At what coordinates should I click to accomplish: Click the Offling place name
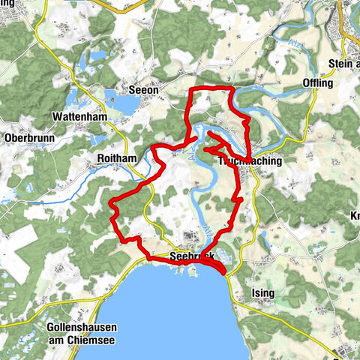pyautogui.click(x=317, y=83)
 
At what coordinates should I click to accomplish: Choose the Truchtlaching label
pyautogui.click(x=249, y=160)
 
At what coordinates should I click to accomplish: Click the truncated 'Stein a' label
pyautogui.click(x=343, y=64)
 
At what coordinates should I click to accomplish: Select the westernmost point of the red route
pyautogui.click(x=110, y=204)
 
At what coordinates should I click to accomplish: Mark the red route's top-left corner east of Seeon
pyautogui.click(x=188, y=91)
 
